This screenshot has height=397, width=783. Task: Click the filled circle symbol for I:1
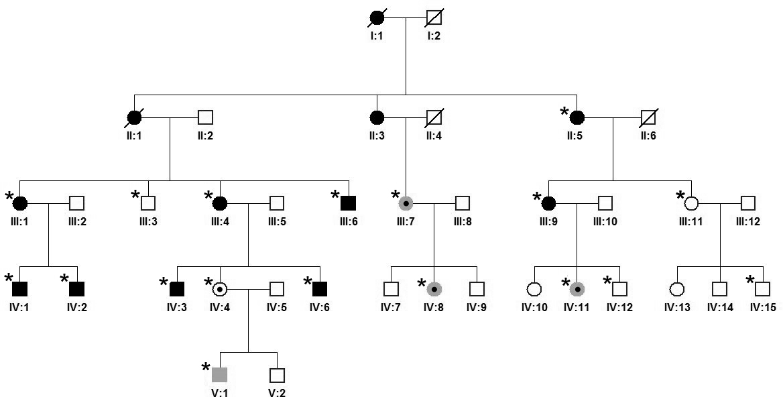[377, 19]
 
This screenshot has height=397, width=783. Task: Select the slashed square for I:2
[434, 19]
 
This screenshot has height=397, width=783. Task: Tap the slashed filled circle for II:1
[135, 117]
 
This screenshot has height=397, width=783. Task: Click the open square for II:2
[206, 117]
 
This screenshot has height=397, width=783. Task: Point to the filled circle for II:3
[377, 117]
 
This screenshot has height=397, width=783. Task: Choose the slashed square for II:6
[648, 117]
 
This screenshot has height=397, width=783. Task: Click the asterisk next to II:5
[565, 111]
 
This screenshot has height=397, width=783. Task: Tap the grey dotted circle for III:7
[406, 202]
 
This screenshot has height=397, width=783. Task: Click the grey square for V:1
[220, 375]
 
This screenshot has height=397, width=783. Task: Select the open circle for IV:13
[676, 289]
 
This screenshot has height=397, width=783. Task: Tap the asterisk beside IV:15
[750, 282]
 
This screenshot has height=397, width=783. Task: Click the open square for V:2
[277, 375]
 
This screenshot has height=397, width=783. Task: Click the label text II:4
[434, 135]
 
